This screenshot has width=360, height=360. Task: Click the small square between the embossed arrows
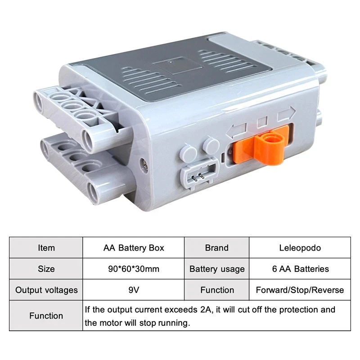click(x=261, y=122)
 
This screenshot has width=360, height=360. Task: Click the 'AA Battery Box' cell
click(x=134, y=247)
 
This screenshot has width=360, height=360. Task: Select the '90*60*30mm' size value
click(x=134, y=269)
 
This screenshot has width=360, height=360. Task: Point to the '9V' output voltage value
click(x=134, y=290)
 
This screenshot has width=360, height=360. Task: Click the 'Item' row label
click(x=46, y=247)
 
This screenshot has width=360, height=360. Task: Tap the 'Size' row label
click(x=46, y=269)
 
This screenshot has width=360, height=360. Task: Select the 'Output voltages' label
click(x=46, y=290)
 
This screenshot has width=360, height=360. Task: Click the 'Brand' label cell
click(x=216, y=247)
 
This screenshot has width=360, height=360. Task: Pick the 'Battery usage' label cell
click(x=216, y=269)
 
